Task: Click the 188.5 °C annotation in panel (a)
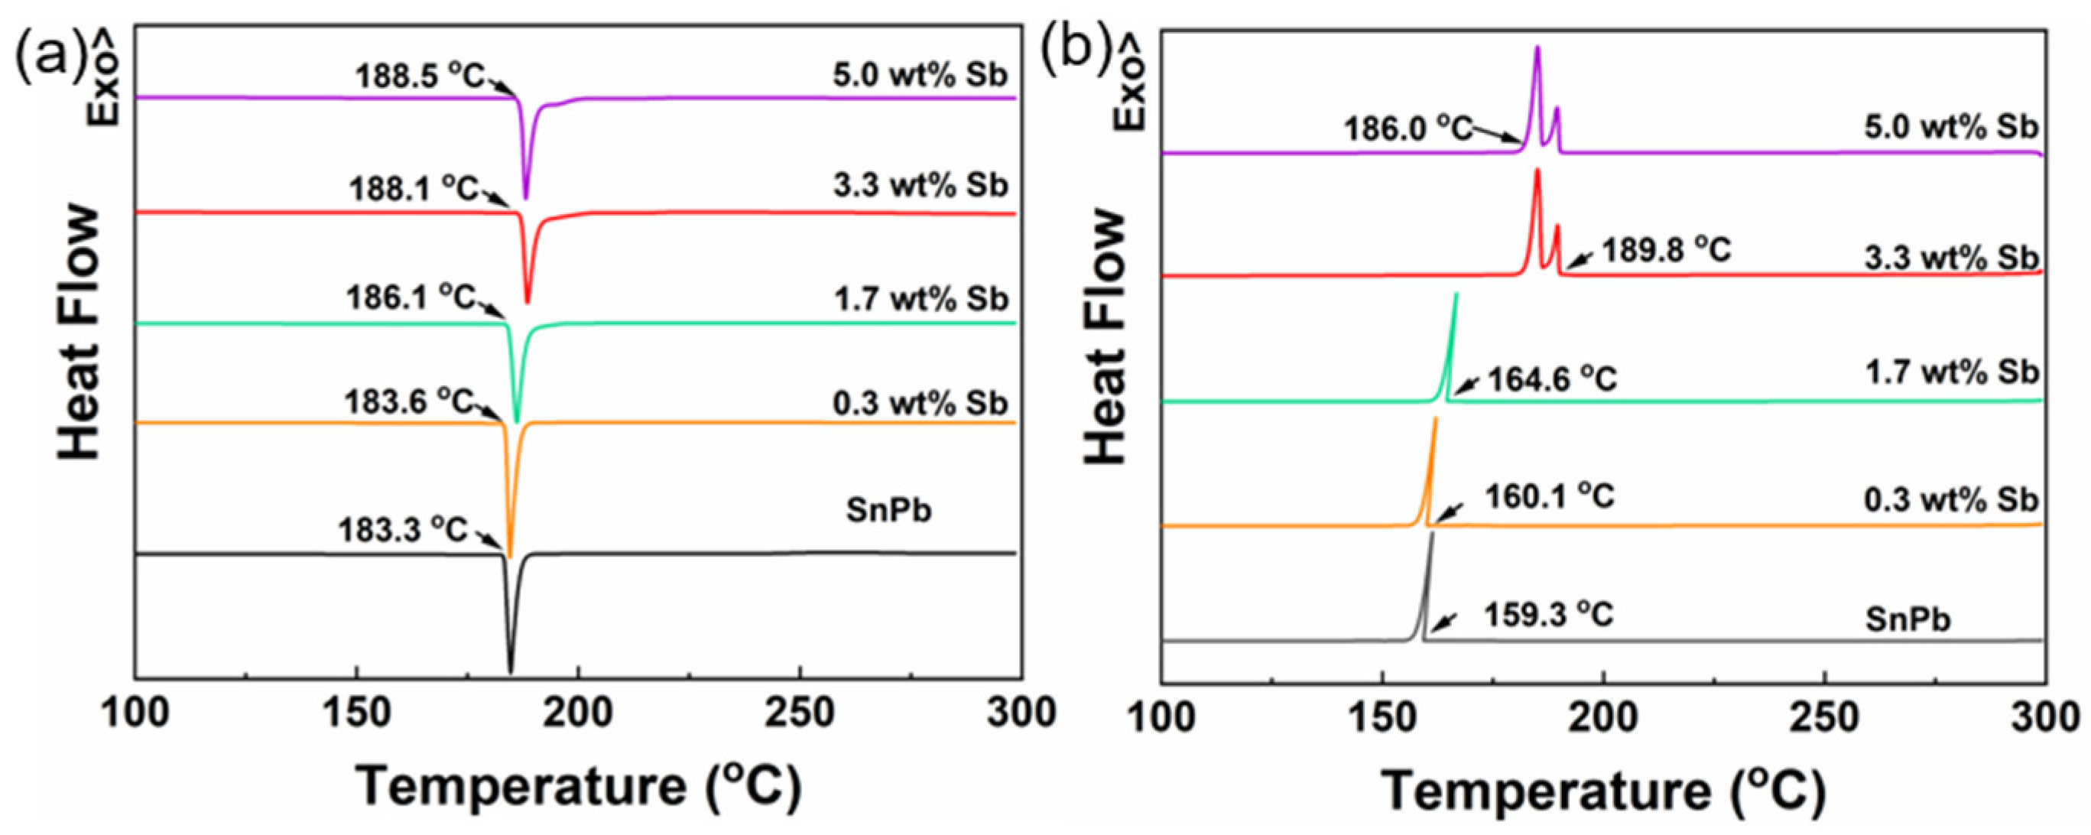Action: click(x=420, y=77)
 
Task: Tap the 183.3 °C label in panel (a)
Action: click(x=404, y=531)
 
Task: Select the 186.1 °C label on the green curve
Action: click(x=411, y=297)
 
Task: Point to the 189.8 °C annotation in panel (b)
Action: click(x=1667, y=250)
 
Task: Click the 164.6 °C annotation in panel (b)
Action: click(x=1552, y=379)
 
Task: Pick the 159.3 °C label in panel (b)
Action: click(x=1549, y=615)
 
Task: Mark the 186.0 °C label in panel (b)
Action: click(x=1408, y=128)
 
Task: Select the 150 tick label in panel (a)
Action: click(x=356, y=714)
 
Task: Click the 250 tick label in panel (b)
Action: click(x=1825, y=718)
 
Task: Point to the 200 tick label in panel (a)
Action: click(x=578, y=714)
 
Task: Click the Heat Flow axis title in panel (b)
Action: click(x=1106, y=336)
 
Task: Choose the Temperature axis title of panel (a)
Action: click(x=579, y=786)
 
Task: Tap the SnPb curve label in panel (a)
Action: click(x=889, y=511)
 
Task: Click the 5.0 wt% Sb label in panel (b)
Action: click(x=1950, y=128)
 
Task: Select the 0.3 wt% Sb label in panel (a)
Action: click(x=920, y=404)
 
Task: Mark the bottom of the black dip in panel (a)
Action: click(x=511, y=670)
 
